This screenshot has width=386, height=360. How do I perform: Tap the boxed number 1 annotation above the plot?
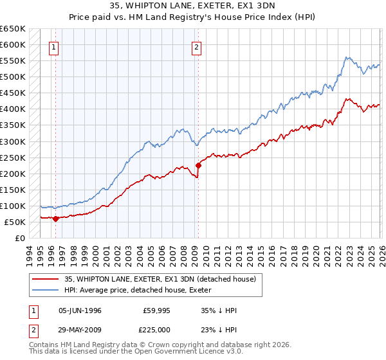point(54,46)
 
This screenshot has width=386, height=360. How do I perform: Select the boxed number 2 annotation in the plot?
point(196,46)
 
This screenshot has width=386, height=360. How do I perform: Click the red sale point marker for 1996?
point(55,219)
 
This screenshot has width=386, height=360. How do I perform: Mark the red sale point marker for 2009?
point(198,165)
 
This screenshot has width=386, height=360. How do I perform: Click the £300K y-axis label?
point(13,141)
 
